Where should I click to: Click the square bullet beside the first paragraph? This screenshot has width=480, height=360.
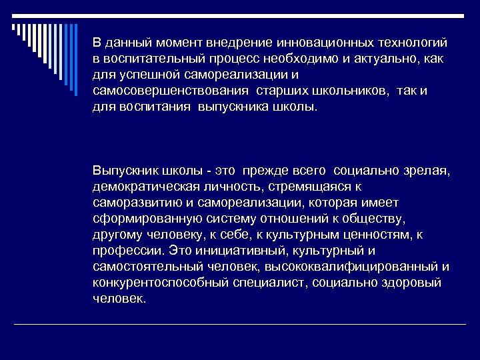tap(83, 42)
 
